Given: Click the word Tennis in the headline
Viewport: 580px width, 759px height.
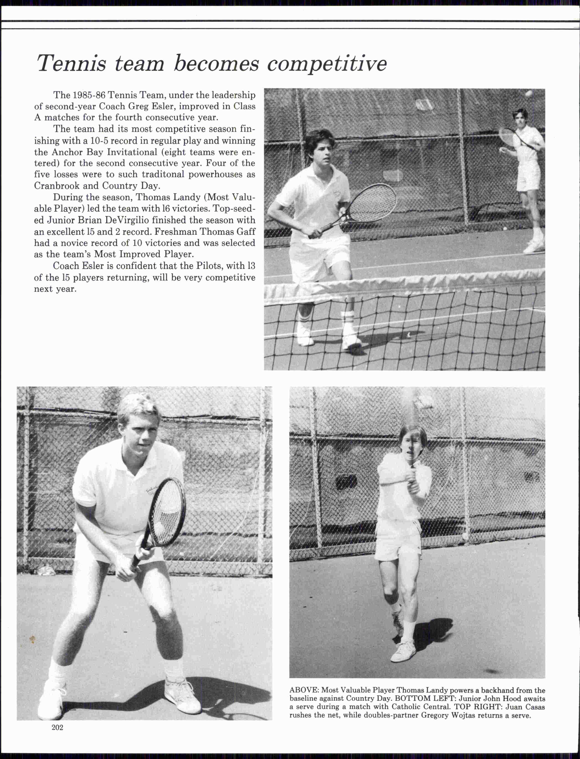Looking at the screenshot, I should (72, 63).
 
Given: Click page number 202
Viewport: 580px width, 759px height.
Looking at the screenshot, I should (57, 728).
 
